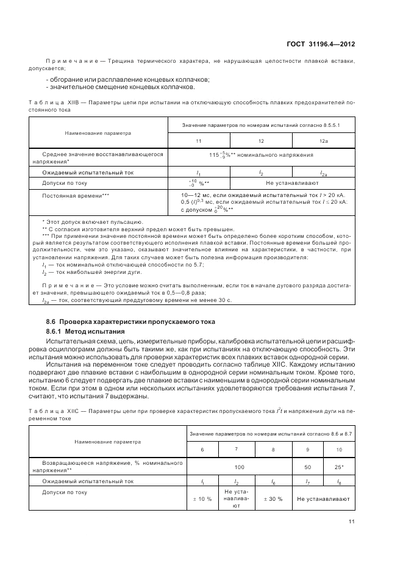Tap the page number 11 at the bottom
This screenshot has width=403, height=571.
(352, 521)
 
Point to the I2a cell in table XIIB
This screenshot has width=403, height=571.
(324, 173)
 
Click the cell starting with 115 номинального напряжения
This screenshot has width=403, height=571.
(261, 156)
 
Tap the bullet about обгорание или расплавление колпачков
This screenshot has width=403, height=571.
(128, 80)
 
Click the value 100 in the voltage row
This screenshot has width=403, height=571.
(239, 466)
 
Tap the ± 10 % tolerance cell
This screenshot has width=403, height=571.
(202, 498)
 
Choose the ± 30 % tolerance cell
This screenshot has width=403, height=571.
(273, 498)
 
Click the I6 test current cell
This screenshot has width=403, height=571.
(273, 481)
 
